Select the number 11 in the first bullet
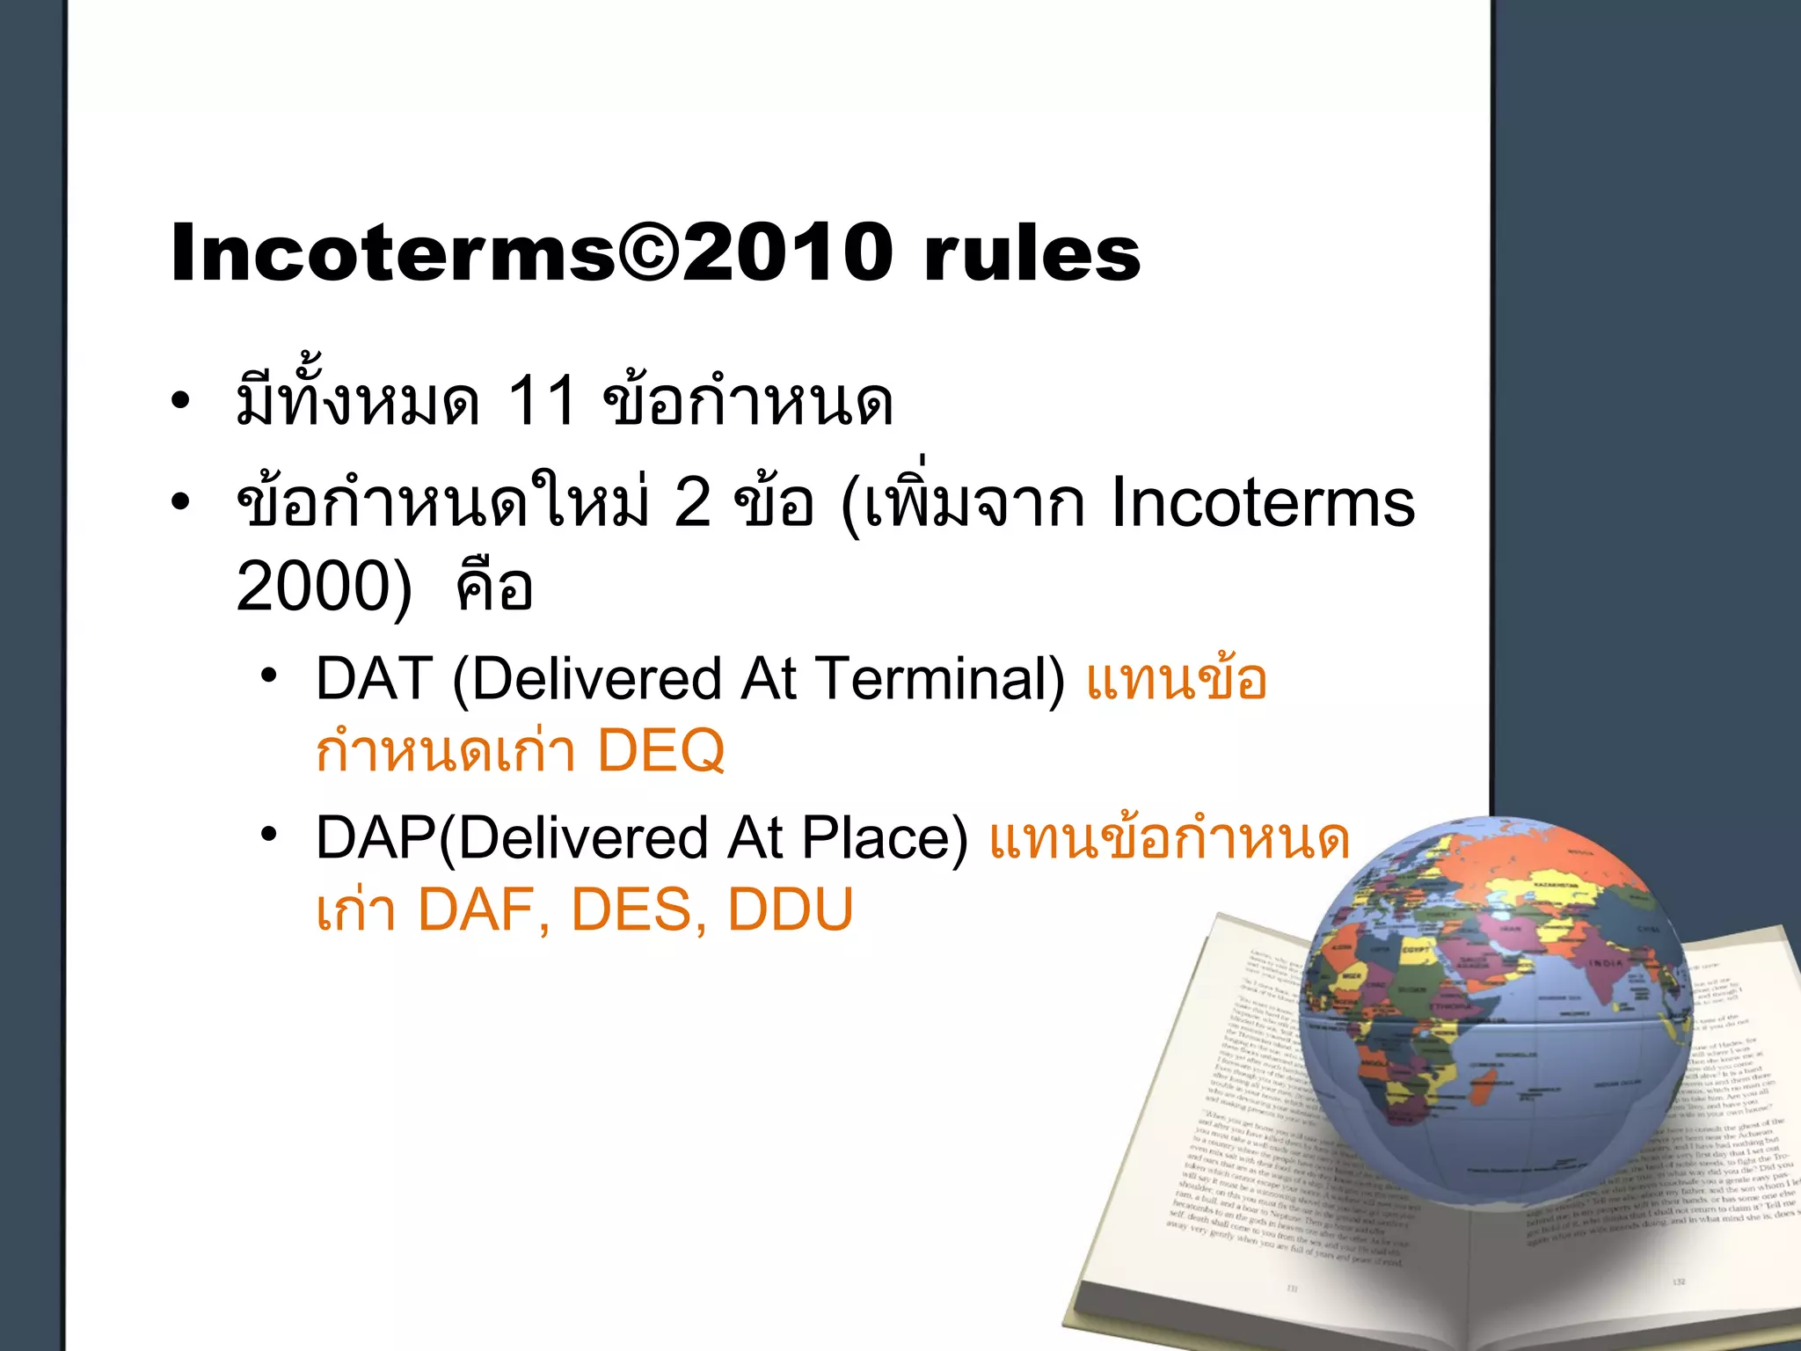(x=542, y=402)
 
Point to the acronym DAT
(x=375, y=679)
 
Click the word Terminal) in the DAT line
(x=940, y=679)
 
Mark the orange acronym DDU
(x=791, y=909)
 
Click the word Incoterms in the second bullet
(x=1263, y=503)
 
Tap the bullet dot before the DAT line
(x=269, y=675)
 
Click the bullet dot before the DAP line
(x=269, y=834)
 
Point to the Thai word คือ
(x=495, y=587)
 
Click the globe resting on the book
(x=1495, y=1011)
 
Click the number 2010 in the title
(x=786, y=252)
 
